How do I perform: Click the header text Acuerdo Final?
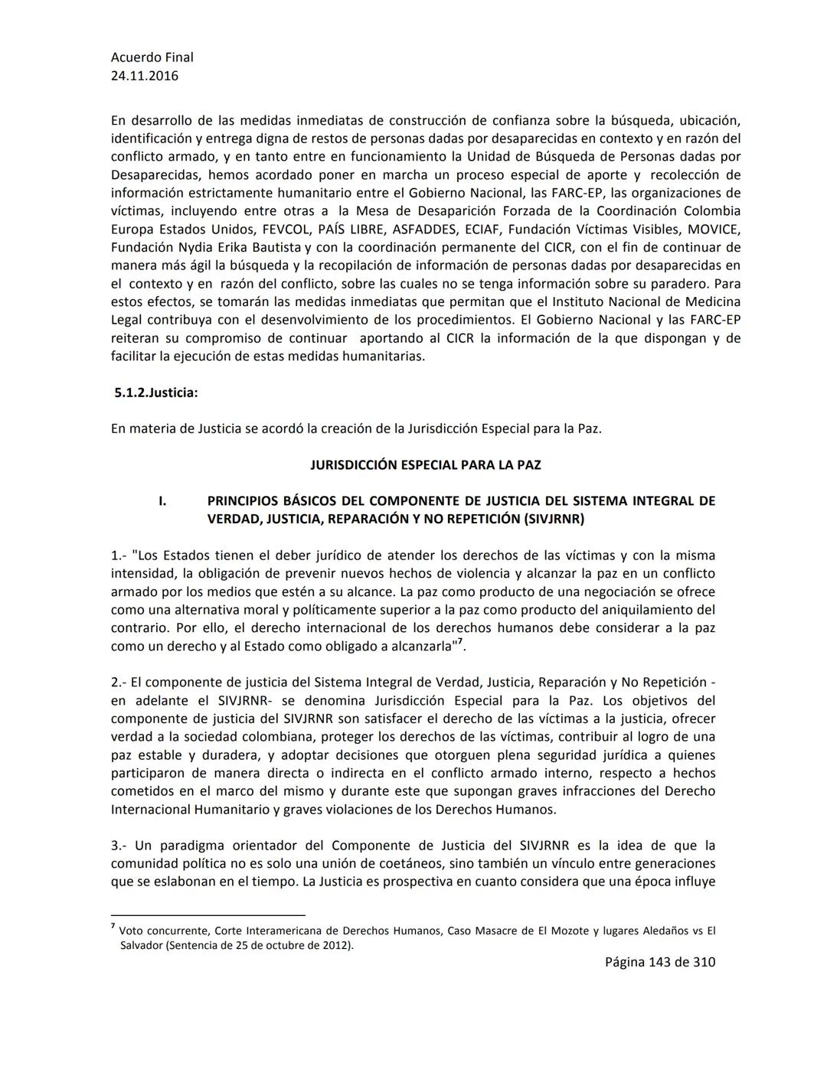[x=152, y=57]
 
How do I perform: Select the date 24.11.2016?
[x=145, y=76]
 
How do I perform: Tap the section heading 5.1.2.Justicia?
[x=155, y=393]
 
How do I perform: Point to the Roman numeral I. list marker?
[x=162, y=501]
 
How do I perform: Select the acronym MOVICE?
[x=714, y=230]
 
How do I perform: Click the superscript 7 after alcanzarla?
[x=460, y=642]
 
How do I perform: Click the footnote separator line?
[x=208, y=914]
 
